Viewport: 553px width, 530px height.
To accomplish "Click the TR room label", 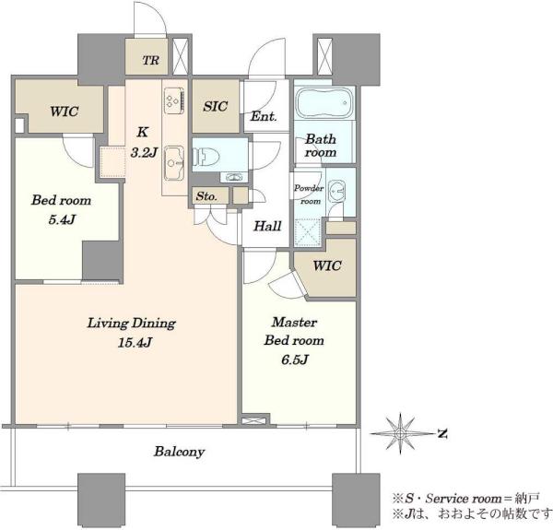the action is point(150,60).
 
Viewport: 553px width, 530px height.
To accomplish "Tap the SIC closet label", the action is point(215,106).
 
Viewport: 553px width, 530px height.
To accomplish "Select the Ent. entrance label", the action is point(264,116).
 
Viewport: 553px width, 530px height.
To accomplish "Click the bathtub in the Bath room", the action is point(324,102).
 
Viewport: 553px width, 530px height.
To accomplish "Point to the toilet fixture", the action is point(206,156).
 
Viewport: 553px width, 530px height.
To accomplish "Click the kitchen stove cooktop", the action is point(174,100).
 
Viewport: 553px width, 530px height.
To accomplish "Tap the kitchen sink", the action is point(174,163).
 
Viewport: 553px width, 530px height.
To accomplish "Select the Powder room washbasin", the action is point(335,191).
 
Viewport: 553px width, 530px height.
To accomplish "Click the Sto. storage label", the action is point(206,196).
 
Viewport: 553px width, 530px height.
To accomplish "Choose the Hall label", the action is point(267,226).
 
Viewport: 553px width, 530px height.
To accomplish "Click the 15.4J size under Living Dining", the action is point(135,342).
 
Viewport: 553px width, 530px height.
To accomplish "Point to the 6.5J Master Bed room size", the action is point(295,359).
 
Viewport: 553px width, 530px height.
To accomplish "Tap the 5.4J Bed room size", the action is point(62,219).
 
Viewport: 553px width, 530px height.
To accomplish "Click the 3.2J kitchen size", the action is point(143,153).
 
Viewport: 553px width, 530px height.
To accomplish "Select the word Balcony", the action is point(179,452).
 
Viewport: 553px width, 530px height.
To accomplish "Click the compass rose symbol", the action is point(400,433).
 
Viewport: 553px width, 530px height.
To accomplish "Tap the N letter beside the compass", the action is point(442,433).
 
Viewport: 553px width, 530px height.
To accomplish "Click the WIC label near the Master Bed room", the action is point(327,265).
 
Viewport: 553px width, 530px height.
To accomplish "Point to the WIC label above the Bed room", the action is point(65,112).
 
